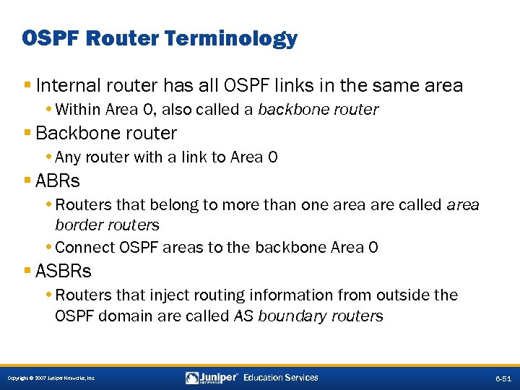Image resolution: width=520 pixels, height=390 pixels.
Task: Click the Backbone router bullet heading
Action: (105, 134)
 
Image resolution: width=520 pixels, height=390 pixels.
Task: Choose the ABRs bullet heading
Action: (57, 181)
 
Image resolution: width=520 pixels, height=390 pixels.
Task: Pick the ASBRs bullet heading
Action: (64, 271)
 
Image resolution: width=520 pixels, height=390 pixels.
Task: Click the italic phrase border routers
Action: (107, 225)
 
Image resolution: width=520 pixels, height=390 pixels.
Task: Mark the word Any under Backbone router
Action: (67, 157)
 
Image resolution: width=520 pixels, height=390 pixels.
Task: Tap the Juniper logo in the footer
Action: (212, 378)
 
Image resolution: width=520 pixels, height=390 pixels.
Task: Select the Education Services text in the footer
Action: (281, 378)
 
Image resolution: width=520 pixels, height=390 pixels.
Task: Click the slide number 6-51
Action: (503, 378)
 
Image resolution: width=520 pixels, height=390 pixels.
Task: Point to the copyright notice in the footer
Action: (50, 378)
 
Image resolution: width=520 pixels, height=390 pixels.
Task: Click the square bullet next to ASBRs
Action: (27, 271)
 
